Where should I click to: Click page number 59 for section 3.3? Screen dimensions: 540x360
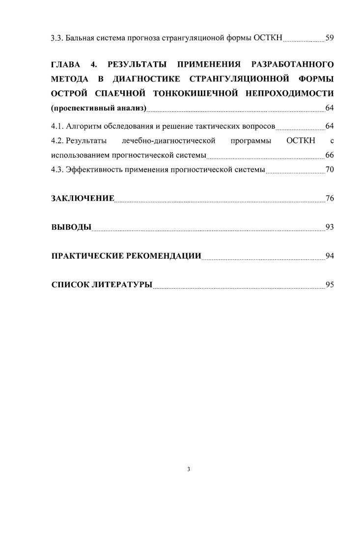[330, 37]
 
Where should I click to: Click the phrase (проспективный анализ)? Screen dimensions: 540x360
[99, 108]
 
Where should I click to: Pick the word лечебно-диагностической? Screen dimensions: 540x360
[168, 142]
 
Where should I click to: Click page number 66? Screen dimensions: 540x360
[330, 156]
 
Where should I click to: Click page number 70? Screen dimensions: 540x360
[330, 170]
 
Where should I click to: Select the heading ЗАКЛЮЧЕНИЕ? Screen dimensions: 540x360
[83, 199]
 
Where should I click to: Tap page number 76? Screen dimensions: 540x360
[330, 199]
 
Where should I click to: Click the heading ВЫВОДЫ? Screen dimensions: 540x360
[71, 227]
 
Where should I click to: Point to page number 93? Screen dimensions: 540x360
[330, 227]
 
